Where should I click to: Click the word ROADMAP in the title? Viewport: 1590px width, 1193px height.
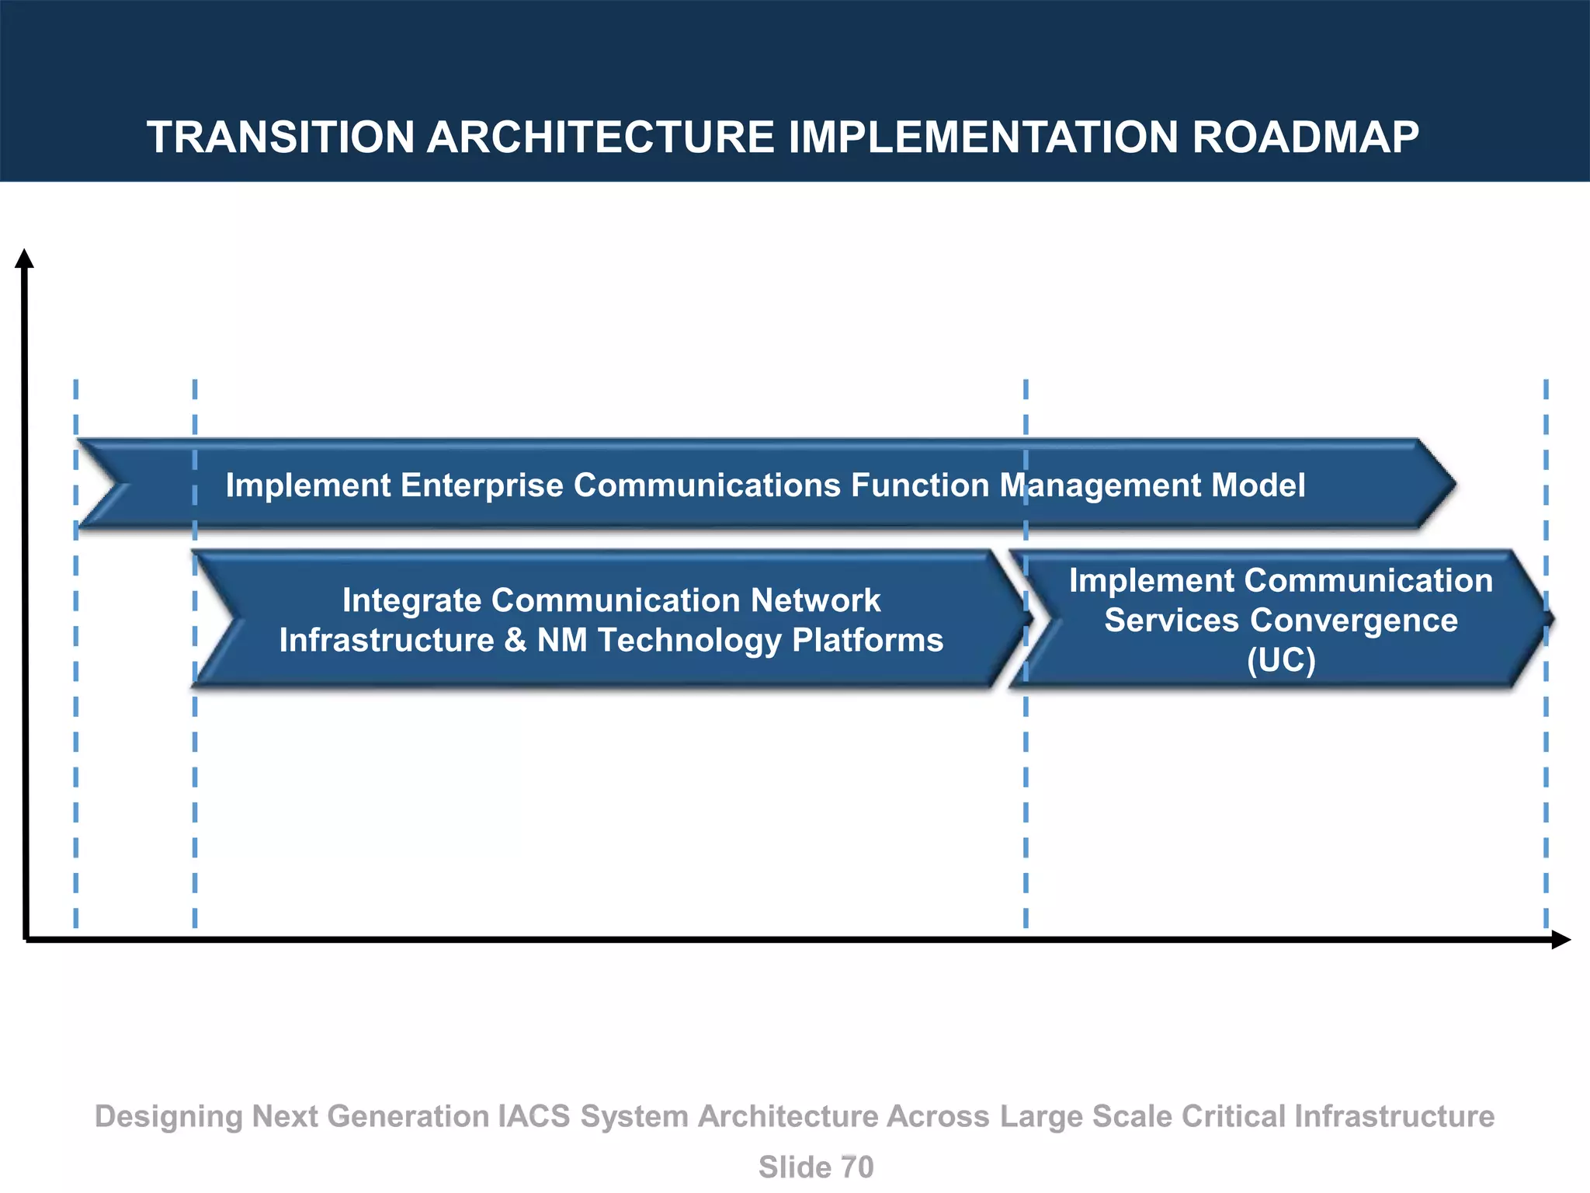1305,137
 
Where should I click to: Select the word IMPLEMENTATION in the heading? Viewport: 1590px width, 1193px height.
984,137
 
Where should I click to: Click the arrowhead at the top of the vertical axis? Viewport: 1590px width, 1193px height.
25,259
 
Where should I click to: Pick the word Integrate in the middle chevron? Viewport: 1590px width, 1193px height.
411,600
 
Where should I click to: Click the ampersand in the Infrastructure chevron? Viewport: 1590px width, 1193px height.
515,641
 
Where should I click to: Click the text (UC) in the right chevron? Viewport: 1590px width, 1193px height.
1281,660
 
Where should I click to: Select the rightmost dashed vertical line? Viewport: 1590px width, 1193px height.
1546,777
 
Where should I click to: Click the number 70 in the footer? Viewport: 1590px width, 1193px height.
856,1167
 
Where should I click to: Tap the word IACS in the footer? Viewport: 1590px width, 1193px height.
533,1116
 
